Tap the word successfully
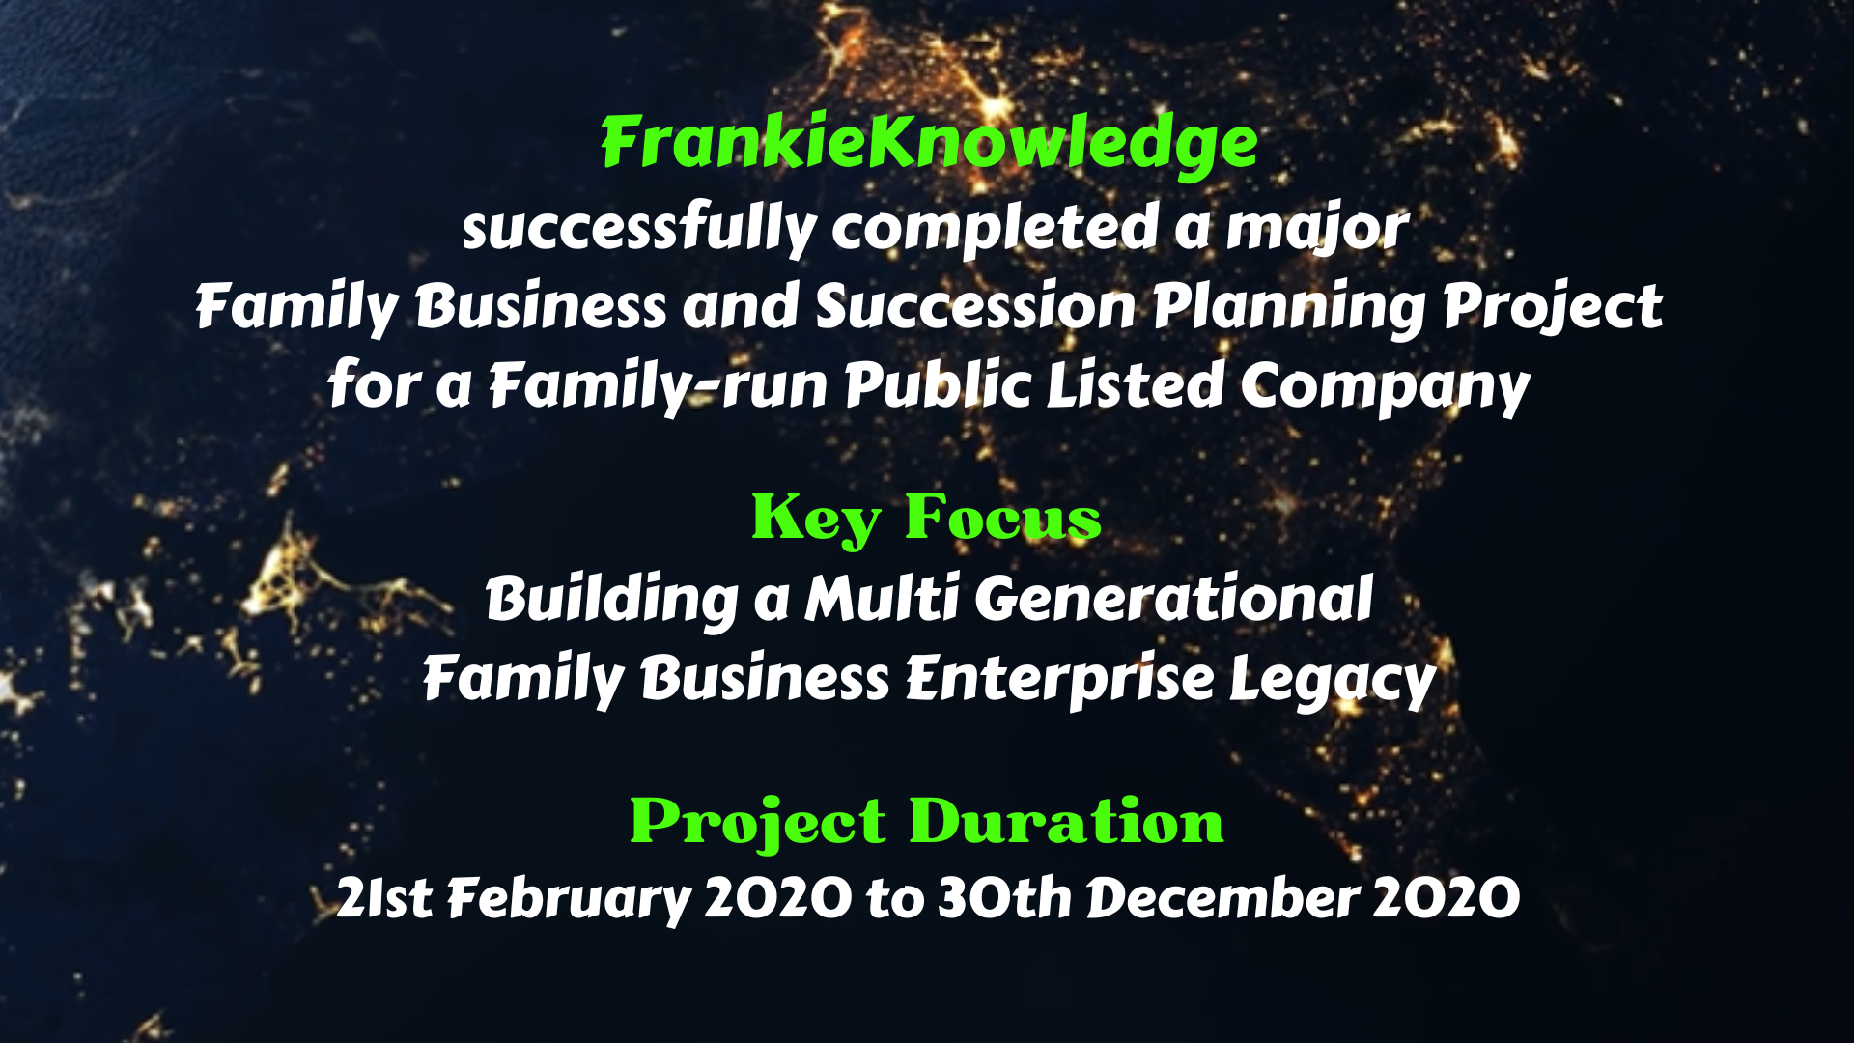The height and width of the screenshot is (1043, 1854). (x=639, y=229)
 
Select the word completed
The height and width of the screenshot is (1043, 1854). (x=995, y=229)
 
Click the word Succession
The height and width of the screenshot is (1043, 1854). (x=975, y=307)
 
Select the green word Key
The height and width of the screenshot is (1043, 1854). (x=815, y=520)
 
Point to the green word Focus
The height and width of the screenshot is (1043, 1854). (x=1002, y=518)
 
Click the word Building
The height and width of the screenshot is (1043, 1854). (x=612, y=600)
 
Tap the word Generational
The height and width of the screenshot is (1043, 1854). (x=1173, y=600)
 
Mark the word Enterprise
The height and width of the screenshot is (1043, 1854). (x=1059, y=679)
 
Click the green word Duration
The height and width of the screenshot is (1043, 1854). (x=1066, y=822)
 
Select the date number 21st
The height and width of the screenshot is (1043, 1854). (x=384, y=898)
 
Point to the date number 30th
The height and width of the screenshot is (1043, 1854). (x=1005, y=897)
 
